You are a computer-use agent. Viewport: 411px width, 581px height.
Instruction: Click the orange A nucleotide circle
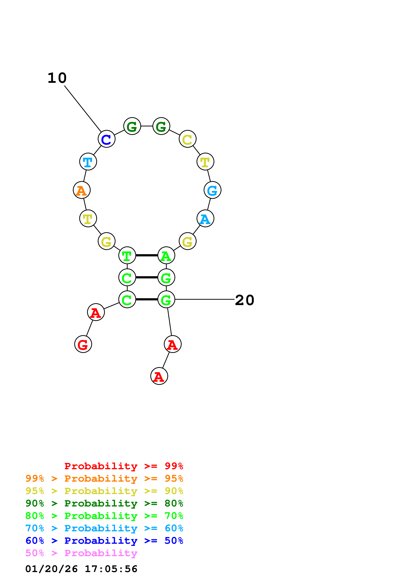(x=82, y=190)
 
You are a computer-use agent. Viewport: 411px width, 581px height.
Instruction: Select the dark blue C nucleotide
(x=106, y=139)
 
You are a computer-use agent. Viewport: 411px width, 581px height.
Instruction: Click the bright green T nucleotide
(x=127, y=255)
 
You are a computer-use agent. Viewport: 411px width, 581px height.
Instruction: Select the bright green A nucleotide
(x=166, y=255)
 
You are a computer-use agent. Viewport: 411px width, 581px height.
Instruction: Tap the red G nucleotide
(x=83, y=344)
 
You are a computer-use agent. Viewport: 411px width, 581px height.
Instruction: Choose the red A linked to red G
(x=96, y=312)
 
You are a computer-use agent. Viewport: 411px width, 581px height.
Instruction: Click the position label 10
(x=57, y=78)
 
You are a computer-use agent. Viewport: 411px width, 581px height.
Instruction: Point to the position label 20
(x=244, y=300)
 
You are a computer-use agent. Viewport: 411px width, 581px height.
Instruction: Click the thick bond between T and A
(x=147, y=255)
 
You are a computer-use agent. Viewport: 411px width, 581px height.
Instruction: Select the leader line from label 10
(x=83, y=109)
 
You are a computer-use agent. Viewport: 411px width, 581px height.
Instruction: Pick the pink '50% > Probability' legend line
(x=81, y=553)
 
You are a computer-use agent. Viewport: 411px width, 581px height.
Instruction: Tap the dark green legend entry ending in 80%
(x=104, y=503)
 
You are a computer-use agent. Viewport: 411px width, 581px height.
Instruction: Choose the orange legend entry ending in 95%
(x=104, y=478)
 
